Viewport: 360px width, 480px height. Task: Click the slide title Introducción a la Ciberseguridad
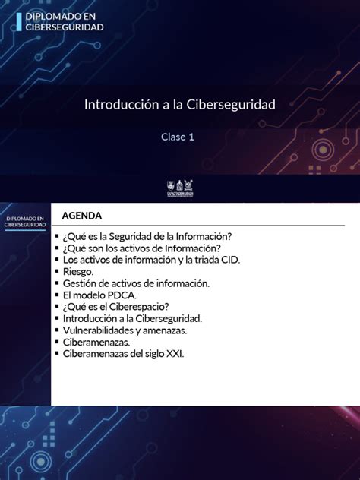[179, 104]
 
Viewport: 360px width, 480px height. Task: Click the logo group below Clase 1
[180, 185]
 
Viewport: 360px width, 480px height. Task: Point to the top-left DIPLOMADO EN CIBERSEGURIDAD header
[64, 21]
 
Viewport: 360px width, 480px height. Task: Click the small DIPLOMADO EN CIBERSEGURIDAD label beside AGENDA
[24, 222]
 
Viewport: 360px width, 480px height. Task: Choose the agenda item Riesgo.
[78, 271]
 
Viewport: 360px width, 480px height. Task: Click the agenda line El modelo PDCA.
[99, 295]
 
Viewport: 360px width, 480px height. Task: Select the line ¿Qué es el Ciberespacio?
[110, 307]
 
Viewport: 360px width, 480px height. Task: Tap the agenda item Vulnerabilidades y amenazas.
[125, 330]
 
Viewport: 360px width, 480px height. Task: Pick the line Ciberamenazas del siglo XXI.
[123, 354]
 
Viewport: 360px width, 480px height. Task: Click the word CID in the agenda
[229, 260]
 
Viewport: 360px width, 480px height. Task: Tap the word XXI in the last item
[175, 354]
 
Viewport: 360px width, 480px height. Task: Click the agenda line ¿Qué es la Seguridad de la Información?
[147, 236]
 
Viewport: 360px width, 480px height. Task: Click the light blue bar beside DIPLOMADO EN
[19, 21]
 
